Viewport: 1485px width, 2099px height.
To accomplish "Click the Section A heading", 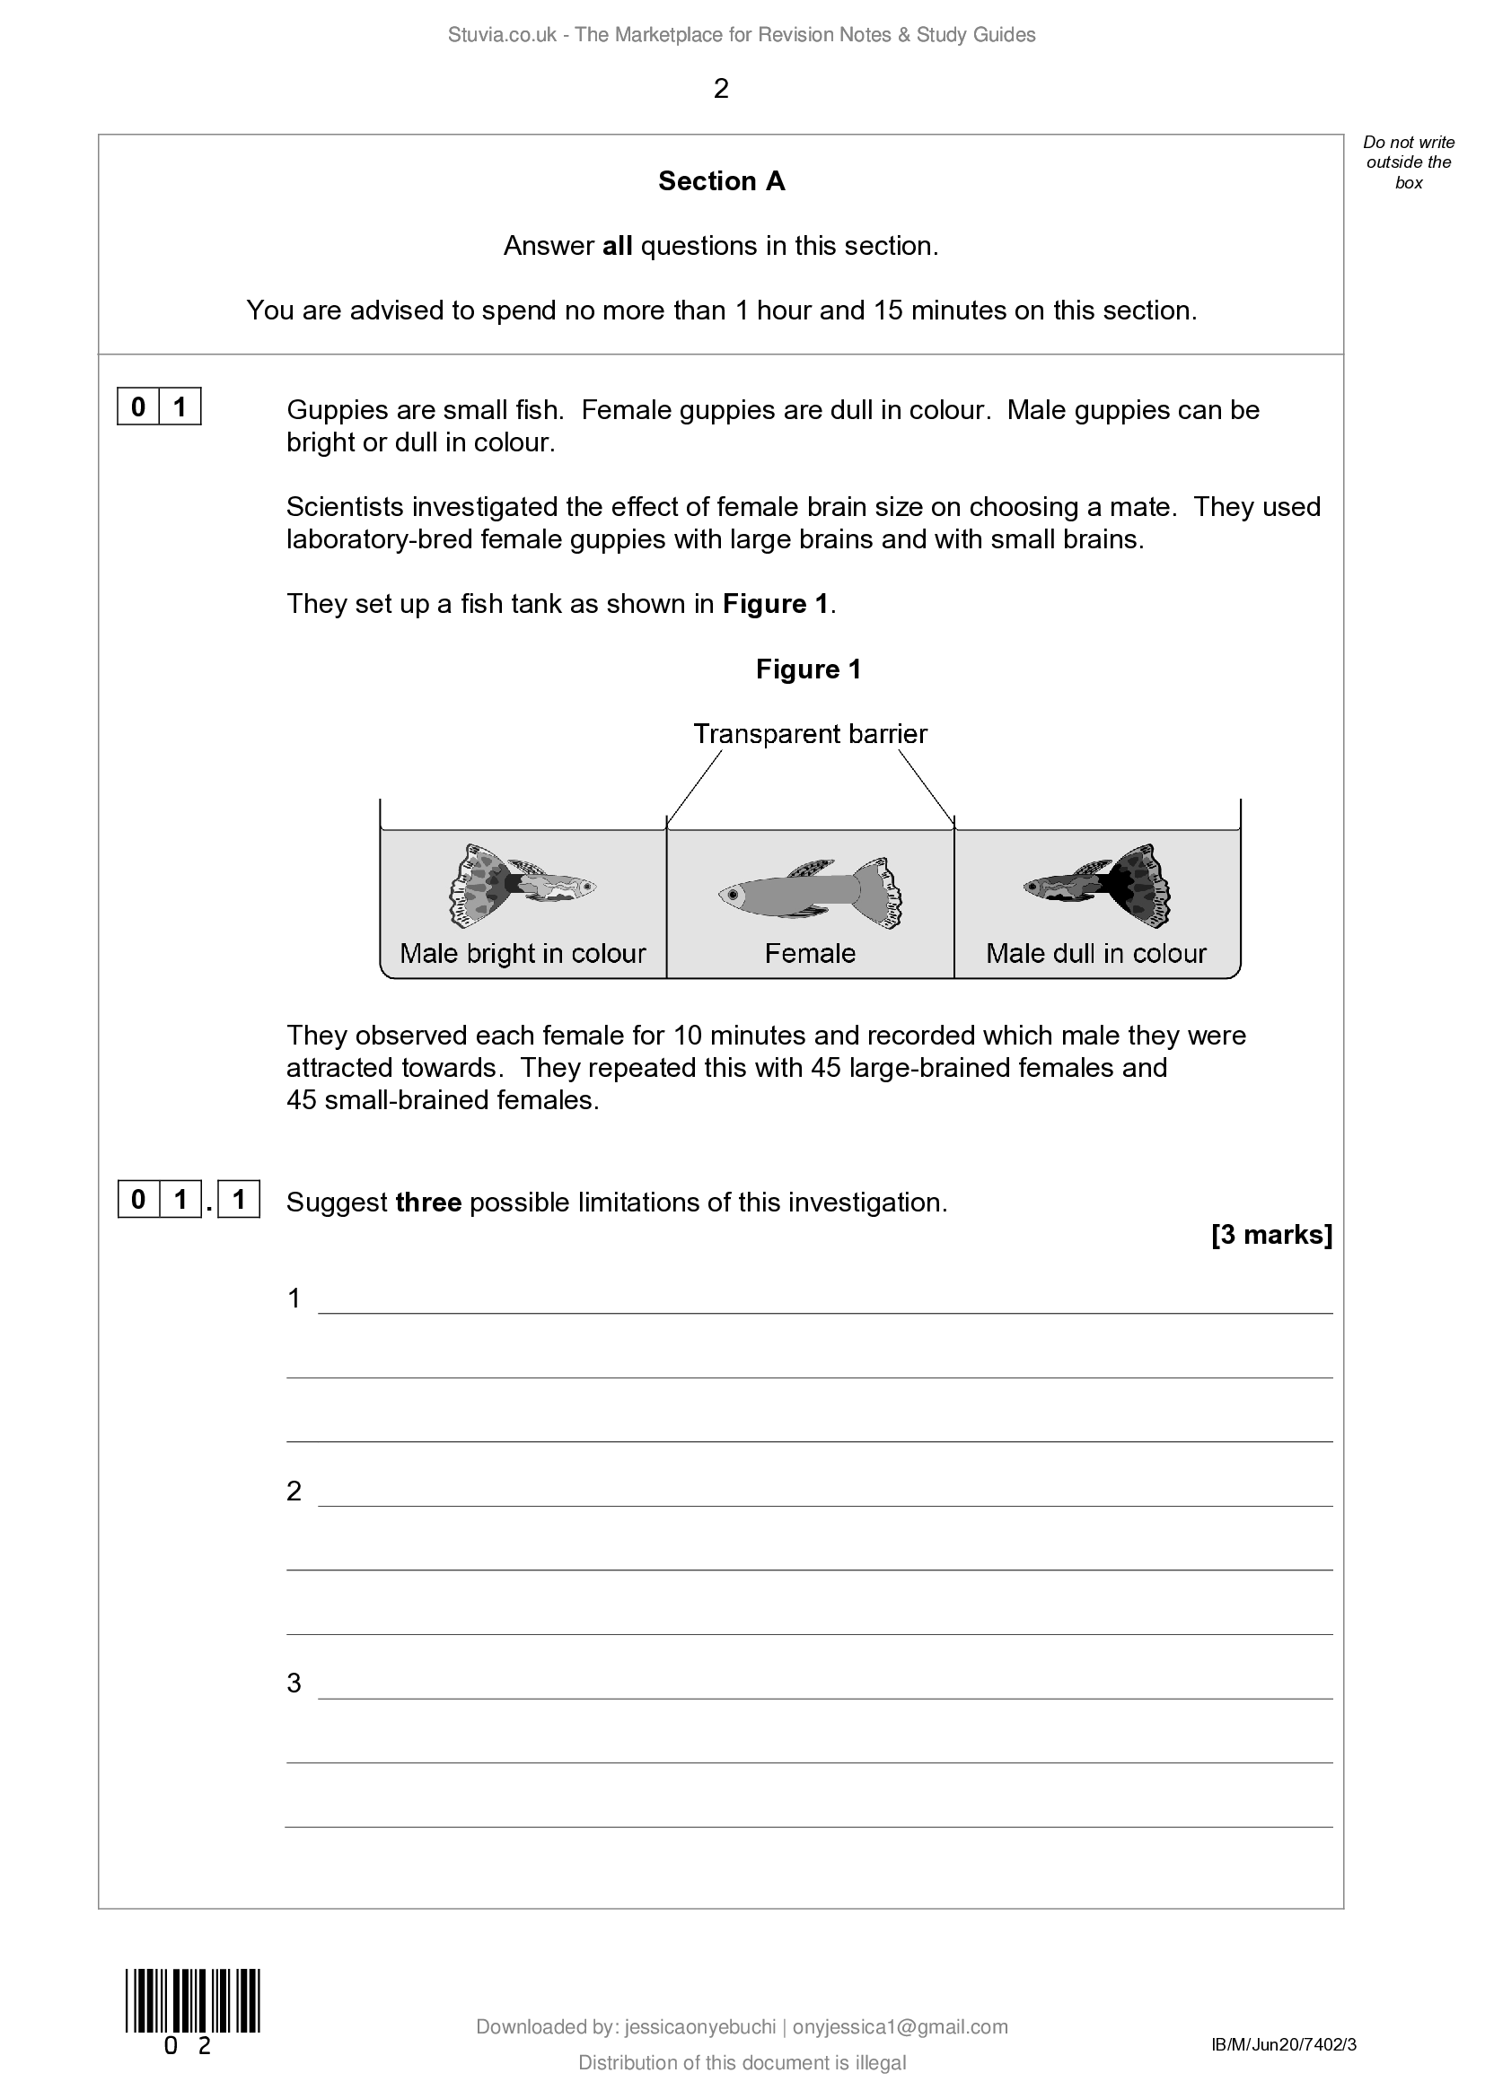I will click(721, 181).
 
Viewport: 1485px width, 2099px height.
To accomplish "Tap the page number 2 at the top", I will click(721, 89).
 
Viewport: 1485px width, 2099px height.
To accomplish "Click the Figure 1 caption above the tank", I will click(808, 669).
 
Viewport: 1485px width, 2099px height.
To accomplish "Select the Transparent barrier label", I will click(809, 733).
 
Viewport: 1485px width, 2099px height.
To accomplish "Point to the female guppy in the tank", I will click(810, 893).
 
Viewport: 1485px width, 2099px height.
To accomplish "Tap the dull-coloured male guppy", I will click(1098, 885).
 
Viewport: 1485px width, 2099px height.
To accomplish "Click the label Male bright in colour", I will click(523, 953).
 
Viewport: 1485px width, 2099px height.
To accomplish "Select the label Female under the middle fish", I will click(810, 953).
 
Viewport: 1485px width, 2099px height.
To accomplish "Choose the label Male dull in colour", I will click(1095, 953).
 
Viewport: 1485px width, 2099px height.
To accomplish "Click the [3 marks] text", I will click(1271, 1234).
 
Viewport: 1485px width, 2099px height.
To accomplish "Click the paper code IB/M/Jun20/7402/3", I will click(1283, 2044).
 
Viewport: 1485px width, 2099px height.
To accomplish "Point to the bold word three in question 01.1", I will click(428, 1203).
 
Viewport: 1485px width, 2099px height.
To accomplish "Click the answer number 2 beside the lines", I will click(294, 1491).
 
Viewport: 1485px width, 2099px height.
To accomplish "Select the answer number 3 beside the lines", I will click(294, 1683).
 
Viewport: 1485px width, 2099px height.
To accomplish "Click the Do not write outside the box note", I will click(1408, 162).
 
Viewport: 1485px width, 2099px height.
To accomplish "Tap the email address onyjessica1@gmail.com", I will click(900, 2027).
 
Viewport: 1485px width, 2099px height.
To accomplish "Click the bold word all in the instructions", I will click(617, 246).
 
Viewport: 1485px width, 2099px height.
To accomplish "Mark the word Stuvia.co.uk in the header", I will click(502, 35).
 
